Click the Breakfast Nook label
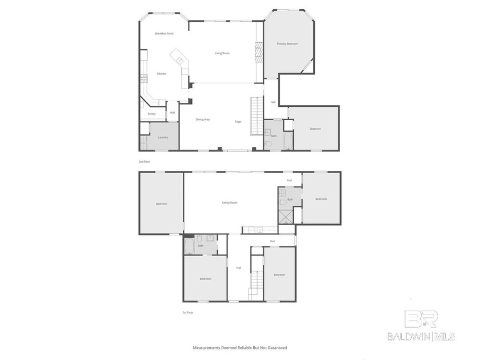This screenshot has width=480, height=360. coord(164,34)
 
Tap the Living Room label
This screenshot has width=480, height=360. coord(222,53)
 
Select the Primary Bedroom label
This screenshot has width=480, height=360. coord(287,43)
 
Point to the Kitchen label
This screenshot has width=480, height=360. coord(162,74)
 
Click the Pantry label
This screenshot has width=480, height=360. coord(151,114)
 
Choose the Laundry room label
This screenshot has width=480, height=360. coord(163,138)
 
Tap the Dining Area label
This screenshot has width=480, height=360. coord(203,119)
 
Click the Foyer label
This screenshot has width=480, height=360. coord(238,122)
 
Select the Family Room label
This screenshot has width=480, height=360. coord(230,203)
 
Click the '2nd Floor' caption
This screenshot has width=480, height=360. coord(143,162)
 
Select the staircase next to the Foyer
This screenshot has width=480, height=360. coord(256,116)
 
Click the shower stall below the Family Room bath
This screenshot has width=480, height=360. coord(285,216)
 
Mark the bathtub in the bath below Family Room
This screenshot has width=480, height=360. coord(189,246)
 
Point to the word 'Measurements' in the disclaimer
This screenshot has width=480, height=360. coord(206,347)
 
